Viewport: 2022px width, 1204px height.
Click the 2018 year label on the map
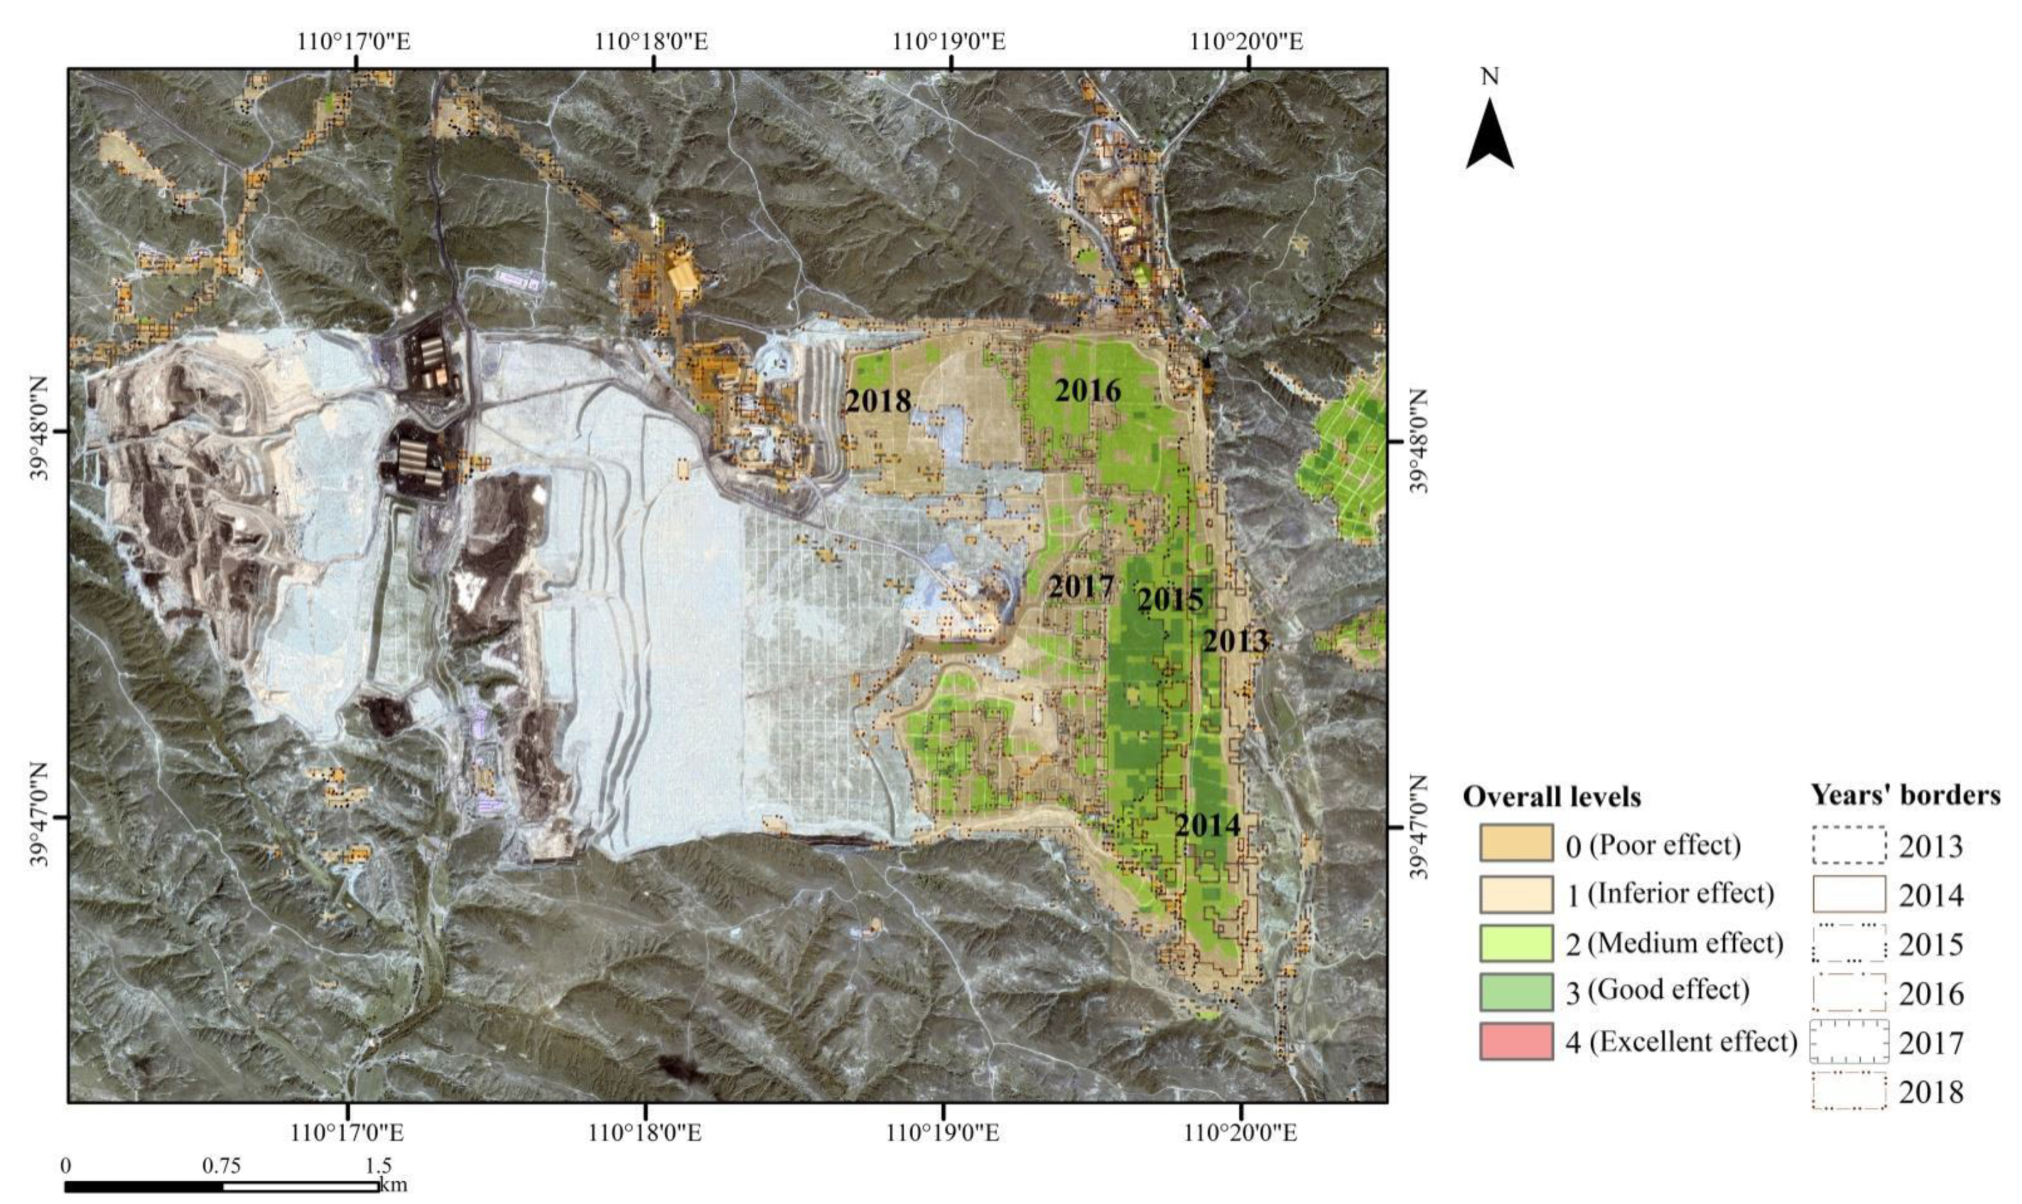click(878, 401)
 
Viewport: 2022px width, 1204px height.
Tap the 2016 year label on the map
click(1087, 391)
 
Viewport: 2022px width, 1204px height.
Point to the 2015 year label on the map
click(1170, 600)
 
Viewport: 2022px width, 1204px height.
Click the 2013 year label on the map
click(1235, 641)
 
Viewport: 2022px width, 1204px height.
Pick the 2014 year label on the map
click(1208, 826)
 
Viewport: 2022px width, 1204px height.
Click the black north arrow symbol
click(1490, 134)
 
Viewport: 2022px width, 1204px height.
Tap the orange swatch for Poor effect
click(1516, 843)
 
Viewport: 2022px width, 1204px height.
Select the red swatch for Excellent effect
click(1516, 1041)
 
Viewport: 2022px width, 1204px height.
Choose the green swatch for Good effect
click(1516, 992)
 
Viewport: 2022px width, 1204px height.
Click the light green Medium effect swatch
click(1516, 943)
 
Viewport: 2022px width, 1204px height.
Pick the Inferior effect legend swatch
click(1516, 893)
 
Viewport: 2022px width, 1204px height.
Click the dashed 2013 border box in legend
click(1848, 846)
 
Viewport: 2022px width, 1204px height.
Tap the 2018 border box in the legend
click(1848, 1091)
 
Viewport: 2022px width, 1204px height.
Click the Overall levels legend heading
click(1551, 798)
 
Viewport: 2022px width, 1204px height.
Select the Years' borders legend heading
click(1906, 796)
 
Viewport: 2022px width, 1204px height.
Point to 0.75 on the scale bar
click(222, 1167)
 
